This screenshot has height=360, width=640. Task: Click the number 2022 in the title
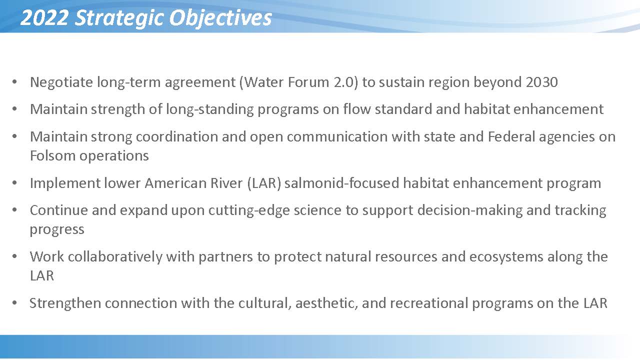coord(44,17)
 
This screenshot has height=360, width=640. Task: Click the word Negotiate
coord(61,82)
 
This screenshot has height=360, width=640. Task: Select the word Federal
coord(511,136)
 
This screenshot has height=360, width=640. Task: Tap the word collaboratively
coord(115,257)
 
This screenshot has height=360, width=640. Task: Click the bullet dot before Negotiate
coord(14,82)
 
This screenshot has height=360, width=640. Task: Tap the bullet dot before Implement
coord(14,183)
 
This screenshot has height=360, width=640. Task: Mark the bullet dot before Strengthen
coord(14,303)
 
